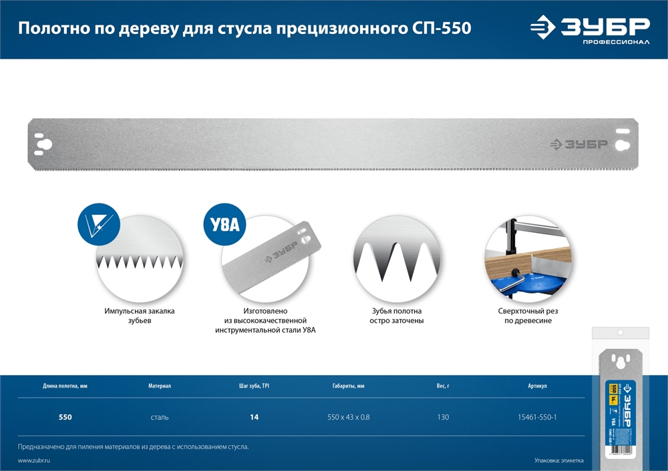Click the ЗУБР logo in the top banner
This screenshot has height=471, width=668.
[x=590, y=28]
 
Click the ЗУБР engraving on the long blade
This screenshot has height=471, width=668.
[x=578, y=144]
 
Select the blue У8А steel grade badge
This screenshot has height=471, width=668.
[x=224, y=225]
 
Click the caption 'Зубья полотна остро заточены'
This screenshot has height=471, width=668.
[x=397, y=316]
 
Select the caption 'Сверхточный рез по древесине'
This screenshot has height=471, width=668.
[x=528, y=316]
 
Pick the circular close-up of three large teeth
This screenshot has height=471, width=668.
[x=397, y=259]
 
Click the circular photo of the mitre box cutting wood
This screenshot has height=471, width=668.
[x=528, y=259]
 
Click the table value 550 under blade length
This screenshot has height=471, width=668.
[x=65, y=418]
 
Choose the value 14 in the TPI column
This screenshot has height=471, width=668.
[x=254, y=418]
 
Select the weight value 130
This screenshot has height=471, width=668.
[x=442, y=418]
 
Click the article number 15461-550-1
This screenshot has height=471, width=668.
[x=537, y=418]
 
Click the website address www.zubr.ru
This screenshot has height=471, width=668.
[x=34, y=460]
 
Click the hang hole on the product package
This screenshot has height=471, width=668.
[x=621, y=332]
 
